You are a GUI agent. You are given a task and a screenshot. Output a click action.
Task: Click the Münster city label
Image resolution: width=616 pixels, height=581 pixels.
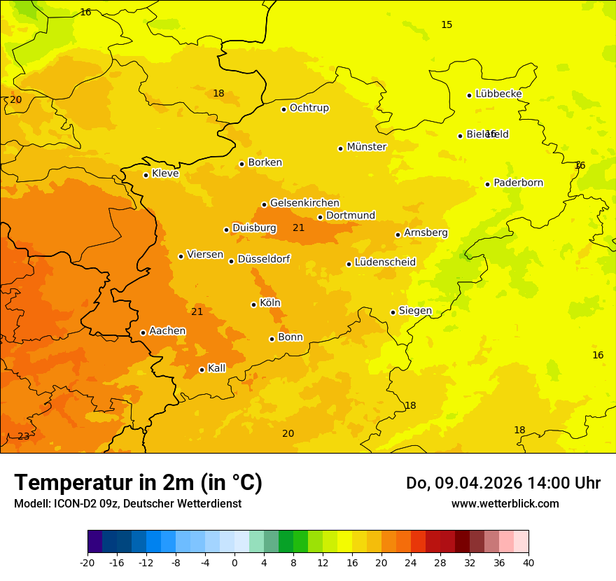click(367, 147)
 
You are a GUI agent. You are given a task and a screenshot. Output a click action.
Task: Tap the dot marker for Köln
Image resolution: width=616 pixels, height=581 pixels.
click(253, 304)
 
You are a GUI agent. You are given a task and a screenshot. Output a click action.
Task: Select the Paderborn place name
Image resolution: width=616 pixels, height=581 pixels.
click(519, 183)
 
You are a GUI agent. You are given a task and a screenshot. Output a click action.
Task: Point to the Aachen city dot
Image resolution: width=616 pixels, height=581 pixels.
click(143, 332)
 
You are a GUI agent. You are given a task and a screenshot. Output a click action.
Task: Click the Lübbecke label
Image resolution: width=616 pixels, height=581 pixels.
click(499, 94)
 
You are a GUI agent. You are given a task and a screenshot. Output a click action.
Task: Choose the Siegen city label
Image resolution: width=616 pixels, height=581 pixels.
click(415, 311)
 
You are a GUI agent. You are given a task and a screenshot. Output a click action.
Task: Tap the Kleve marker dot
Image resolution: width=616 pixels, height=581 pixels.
click(146, 175)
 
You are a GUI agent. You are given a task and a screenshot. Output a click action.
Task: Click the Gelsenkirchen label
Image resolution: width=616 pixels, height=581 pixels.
click(304, 203)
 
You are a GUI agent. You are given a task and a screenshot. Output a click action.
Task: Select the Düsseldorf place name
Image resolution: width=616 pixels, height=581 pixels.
click(264, 260)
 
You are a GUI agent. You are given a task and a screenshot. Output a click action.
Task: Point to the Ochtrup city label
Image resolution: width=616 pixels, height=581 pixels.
click(309, 108)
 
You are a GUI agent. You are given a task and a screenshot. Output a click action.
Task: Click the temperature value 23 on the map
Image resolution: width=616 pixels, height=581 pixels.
click(24, 436)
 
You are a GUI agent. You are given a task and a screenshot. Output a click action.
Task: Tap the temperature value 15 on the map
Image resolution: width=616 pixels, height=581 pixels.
click(447, 25)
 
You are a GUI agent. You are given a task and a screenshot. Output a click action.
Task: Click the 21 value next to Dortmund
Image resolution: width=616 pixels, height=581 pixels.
click(299, 227)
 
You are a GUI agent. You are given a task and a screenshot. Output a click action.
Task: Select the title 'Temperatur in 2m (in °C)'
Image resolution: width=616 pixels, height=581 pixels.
click(138, 483)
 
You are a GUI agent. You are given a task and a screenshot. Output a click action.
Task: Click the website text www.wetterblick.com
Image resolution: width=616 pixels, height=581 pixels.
click(505, 503)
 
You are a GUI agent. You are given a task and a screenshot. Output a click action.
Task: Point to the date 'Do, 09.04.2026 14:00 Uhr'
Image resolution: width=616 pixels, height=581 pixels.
click(503, 483)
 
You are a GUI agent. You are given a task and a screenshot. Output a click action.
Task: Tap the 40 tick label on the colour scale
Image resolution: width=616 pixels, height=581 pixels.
click(528, 563)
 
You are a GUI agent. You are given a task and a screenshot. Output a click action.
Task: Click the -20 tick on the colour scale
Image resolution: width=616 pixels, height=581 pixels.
click(87, 563)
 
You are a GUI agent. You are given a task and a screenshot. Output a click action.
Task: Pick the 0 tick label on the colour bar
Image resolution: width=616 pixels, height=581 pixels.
click(234, 563)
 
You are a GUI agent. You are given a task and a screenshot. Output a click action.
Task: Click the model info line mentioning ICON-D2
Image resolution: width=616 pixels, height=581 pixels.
click(127, 503)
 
